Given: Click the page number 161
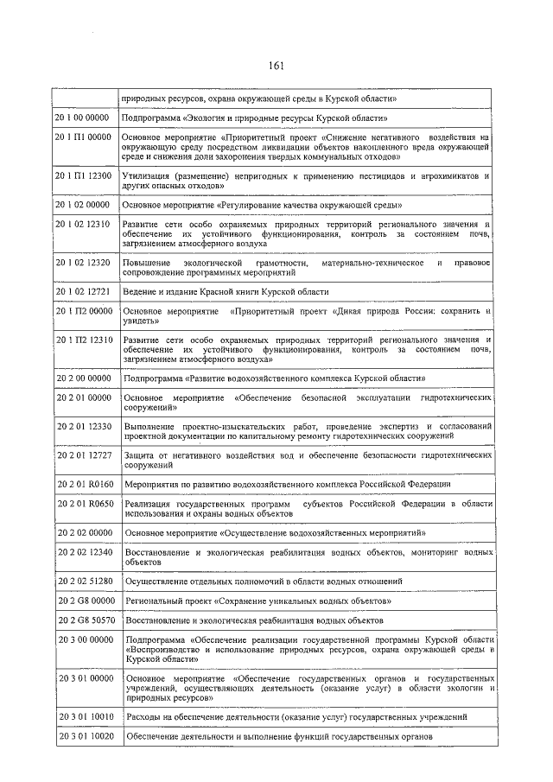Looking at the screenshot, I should [x=276, y=66].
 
